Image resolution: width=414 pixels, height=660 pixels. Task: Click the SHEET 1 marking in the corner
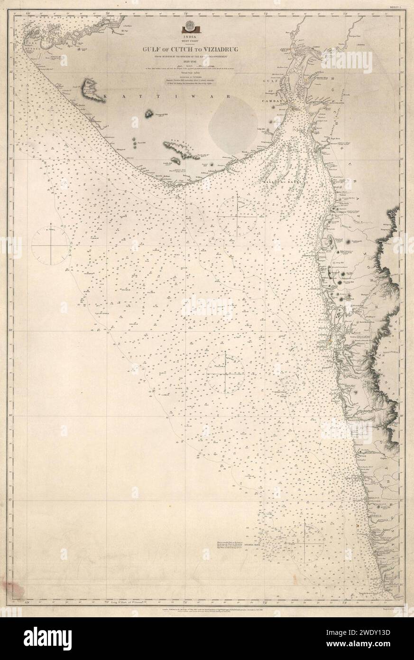(395, 8)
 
